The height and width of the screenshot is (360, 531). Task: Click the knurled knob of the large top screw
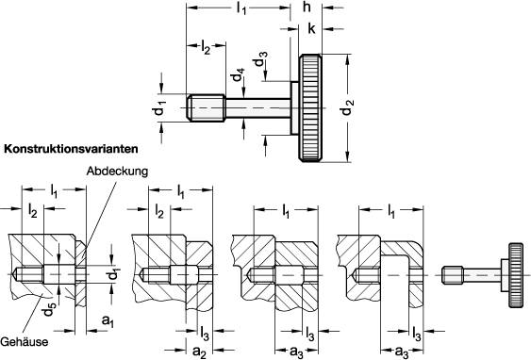(312, 107)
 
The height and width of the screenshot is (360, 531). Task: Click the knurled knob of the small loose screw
(516, 273)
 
